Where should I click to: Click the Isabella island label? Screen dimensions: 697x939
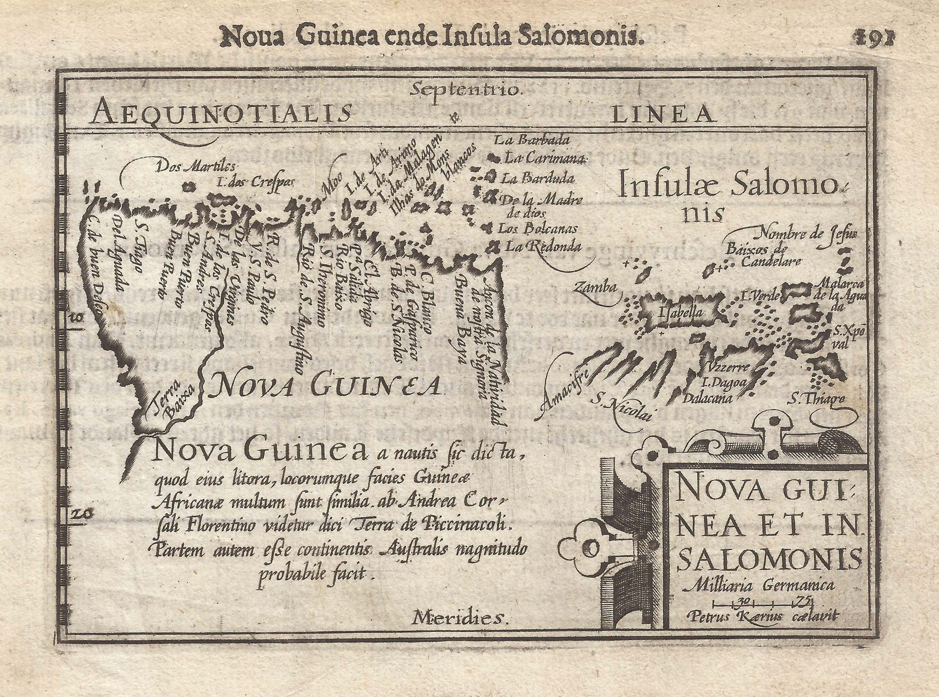point(680,312)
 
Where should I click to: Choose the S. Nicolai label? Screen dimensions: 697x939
point(622,408)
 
